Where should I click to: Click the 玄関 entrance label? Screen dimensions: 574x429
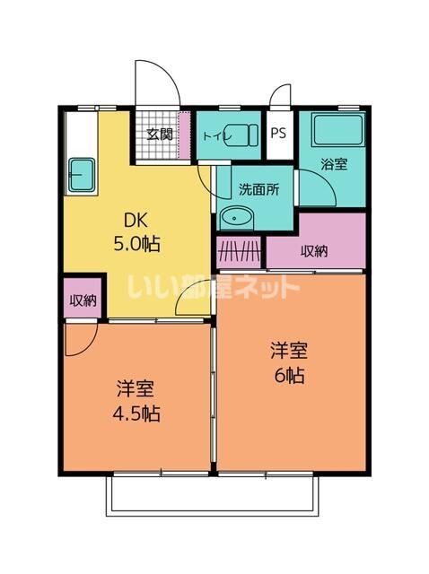pyautogui.click(x=161, y=135)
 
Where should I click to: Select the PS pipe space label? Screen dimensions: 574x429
pyautogui.click(x=278, y=135)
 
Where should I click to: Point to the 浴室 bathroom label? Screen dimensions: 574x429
pyautogui.click(x=335, y=164)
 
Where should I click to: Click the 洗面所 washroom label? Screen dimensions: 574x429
pyautogui.click(x=258, y=189)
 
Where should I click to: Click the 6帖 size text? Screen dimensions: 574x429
pyautogui.click(x=290, y=375)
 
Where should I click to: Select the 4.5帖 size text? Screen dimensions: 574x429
pyautogui.click(x=138, y=414)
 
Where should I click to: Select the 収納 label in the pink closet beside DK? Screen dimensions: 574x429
pyautogui.click(x=82, y=300)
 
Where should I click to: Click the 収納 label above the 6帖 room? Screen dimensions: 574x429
pyautogui.click(x=314, y=251)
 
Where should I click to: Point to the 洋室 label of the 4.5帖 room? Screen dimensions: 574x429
pyautogui.click(x=136, y=390)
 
